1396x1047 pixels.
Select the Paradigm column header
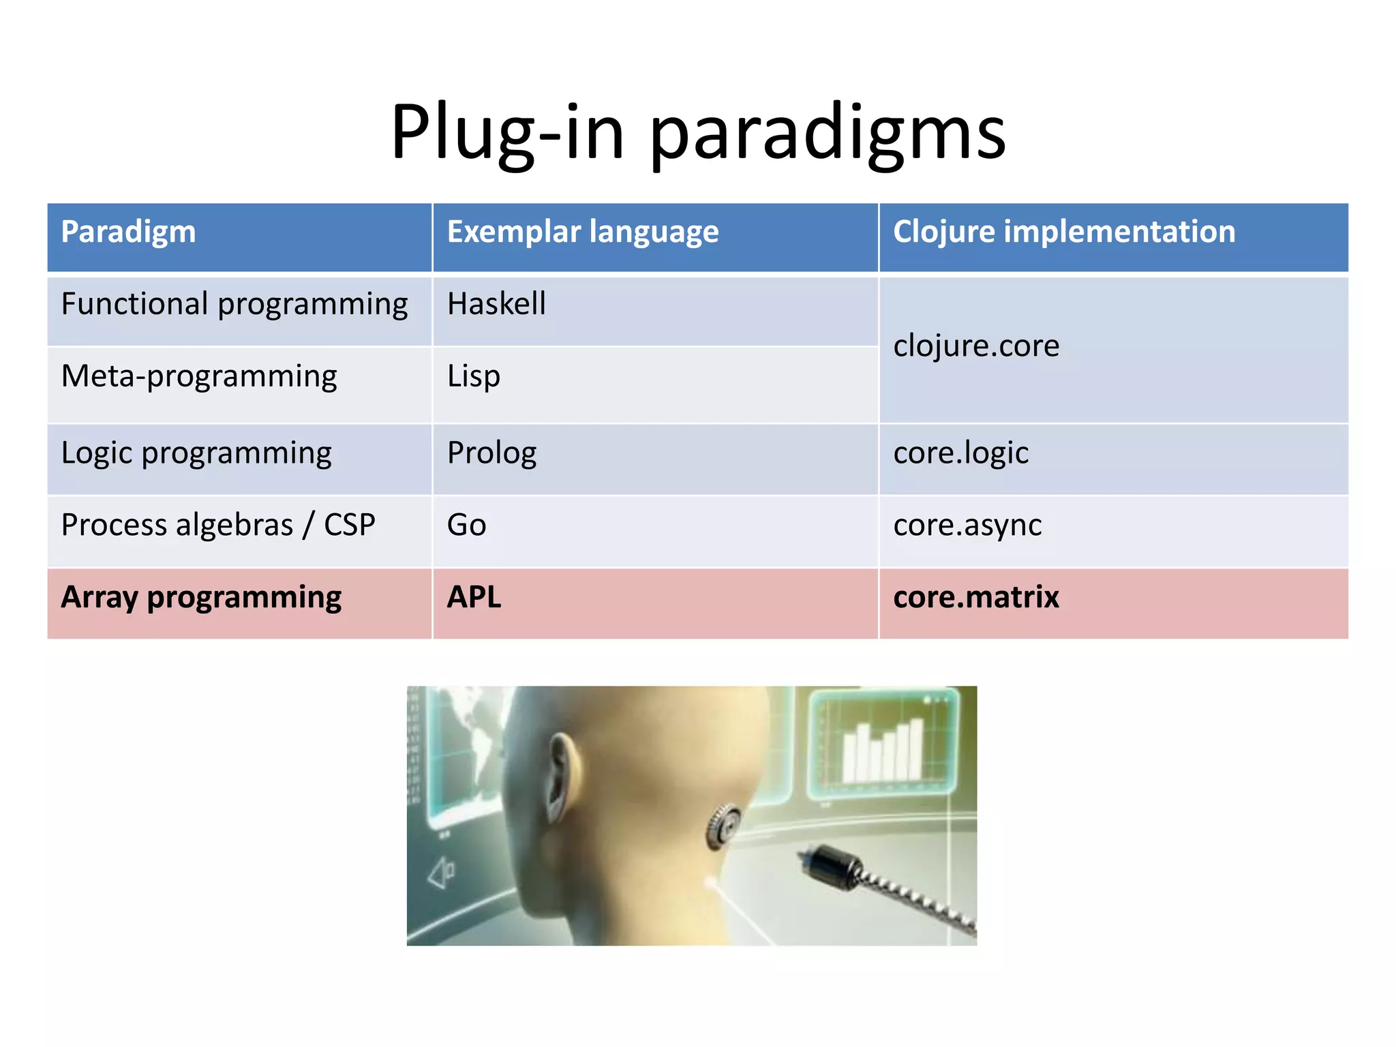[129, 232]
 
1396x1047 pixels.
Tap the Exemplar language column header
[583, 232]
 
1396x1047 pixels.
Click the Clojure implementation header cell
[1063, 232]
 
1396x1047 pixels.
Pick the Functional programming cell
[234, 305]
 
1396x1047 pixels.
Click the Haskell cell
[496, 304]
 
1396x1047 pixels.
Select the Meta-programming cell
[199, 377]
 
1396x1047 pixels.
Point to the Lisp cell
[474, 377]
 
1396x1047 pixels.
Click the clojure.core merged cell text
[976, 346]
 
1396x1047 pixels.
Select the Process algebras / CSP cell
[218, 526]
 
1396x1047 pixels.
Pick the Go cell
[467, 526]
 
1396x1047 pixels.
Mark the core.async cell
[967, 526]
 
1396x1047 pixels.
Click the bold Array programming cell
[201, 598]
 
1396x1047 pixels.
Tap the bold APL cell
[474, 598]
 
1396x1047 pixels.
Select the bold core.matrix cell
[976, 598]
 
